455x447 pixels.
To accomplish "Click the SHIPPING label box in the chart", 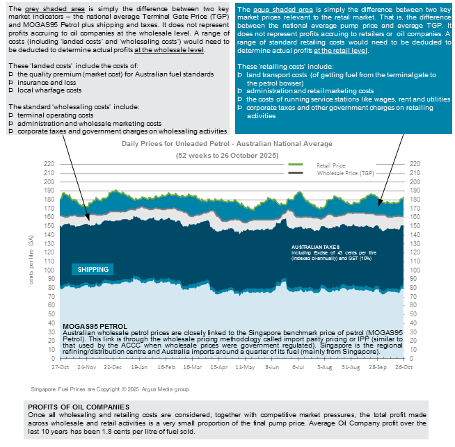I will pos(93,269).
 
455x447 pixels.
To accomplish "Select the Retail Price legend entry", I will pos(333,165).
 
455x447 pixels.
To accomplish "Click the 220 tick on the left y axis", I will pos(49,164).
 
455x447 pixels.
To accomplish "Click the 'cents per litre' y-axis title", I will pos(30,261).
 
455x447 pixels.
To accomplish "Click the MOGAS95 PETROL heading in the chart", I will pos(95,326).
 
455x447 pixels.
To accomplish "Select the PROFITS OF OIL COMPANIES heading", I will pos(78,407).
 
